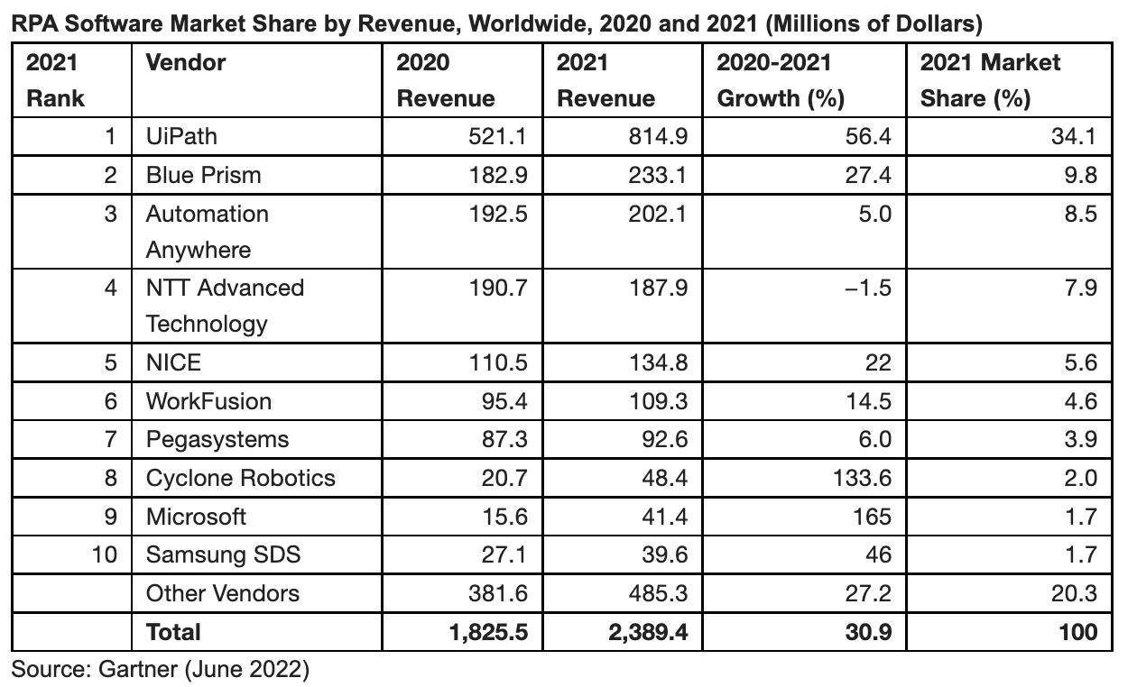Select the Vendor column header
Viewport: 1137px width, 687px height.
pyautogui.click(x=185, y=63)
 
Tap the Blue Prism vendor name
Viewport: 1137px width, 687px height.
pyautogui.click(x=203, y=176)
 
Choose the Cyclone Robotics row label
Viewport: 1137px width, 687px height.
pyautogui.click(x=240, y=478)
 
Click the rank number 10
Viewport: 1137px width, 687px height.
pyautogui.click(x=105, y=554)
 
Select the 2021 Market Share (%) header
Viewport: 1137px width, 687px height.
pyautogui.click(x=990, y=80)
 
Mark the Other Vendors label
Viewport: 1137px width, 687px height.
pyautogui.click(x=223, y=593)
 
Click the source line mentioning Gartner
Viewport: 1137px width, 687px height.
pyautogui.click(x=160, y=670)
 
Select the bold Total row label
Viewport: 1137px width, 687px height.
pyautogui.click(x=173, y=632)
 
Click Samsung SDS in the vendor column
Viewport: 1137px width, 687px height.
pyautogui.click(x=223, y=554)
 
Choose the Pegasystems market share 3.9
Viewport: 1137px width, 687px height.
pyautogui.click(x=1080, y=440)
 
